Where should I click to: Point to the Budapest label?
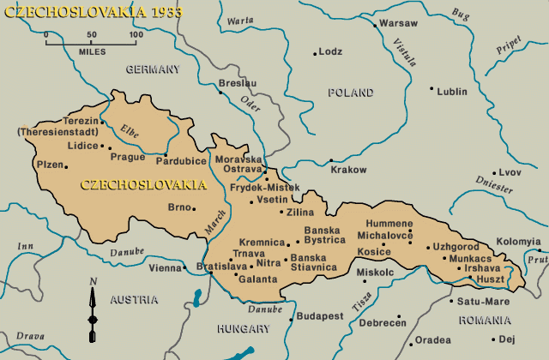(x=321, y=316)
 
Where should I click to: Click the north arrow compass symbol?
(x=93, y=305)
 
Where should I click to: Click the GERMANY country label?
(x=153, y=69)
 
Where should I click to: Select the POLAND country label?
(x=350, y=92)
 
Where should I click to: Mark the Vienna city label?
(x=165, y=268)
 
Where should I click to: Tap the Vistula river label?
(x=402, y=52)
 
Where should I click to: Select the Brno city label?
(x=178, y=207)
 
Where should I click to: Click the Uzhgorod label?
(x=462, y=246)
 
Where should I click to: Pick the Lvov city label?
(x=510, y=172)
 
